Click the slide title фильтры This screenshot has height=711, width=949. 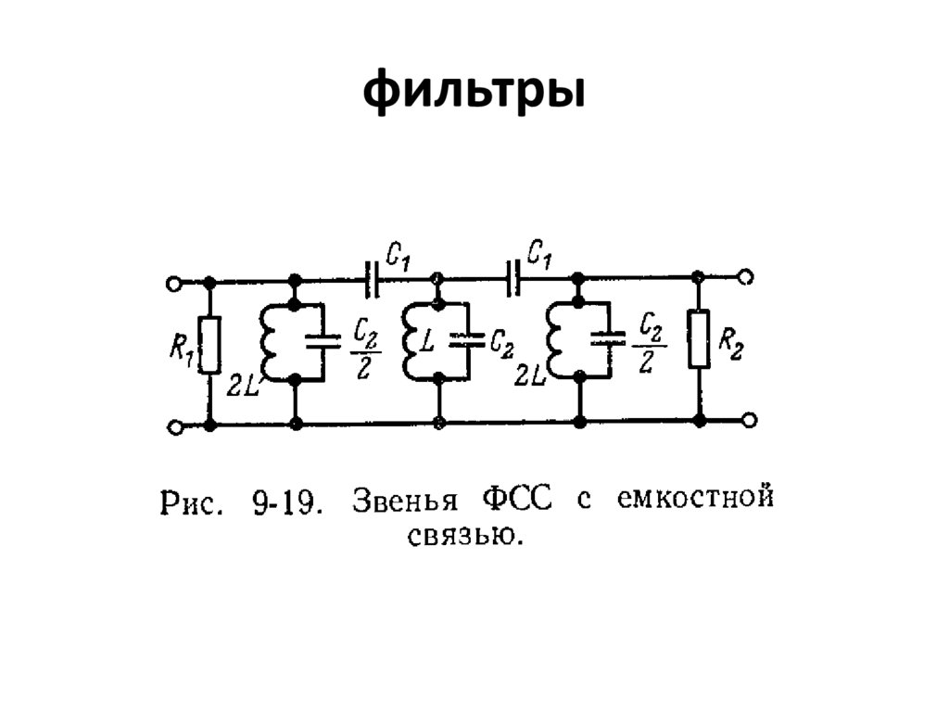pyautogui.click(x=474, y=95)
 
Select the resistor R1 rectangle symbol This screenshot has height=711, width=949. pyautogui.click(x=210, y=344)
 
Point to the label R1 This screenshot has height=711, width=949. pyautogui.click(x=182, y=353)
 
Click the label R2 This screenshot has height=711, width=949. pyautogui.click(x=730, y=347)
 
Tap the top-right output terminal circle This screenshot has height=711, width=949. pyautogui.click(x=747, y=276)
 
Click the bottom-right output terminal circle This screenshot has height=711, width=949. pyautogui.click(x=747, y=421)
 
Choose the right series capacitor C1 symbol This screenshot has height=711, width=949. pyautogui.click(x=513, y=276)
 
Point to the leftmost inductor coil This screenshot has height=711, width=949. pyautogui.click(x=272, y=342)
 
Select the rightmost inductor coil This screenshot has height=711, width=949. pyautogui.click(x=555, y=340)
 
